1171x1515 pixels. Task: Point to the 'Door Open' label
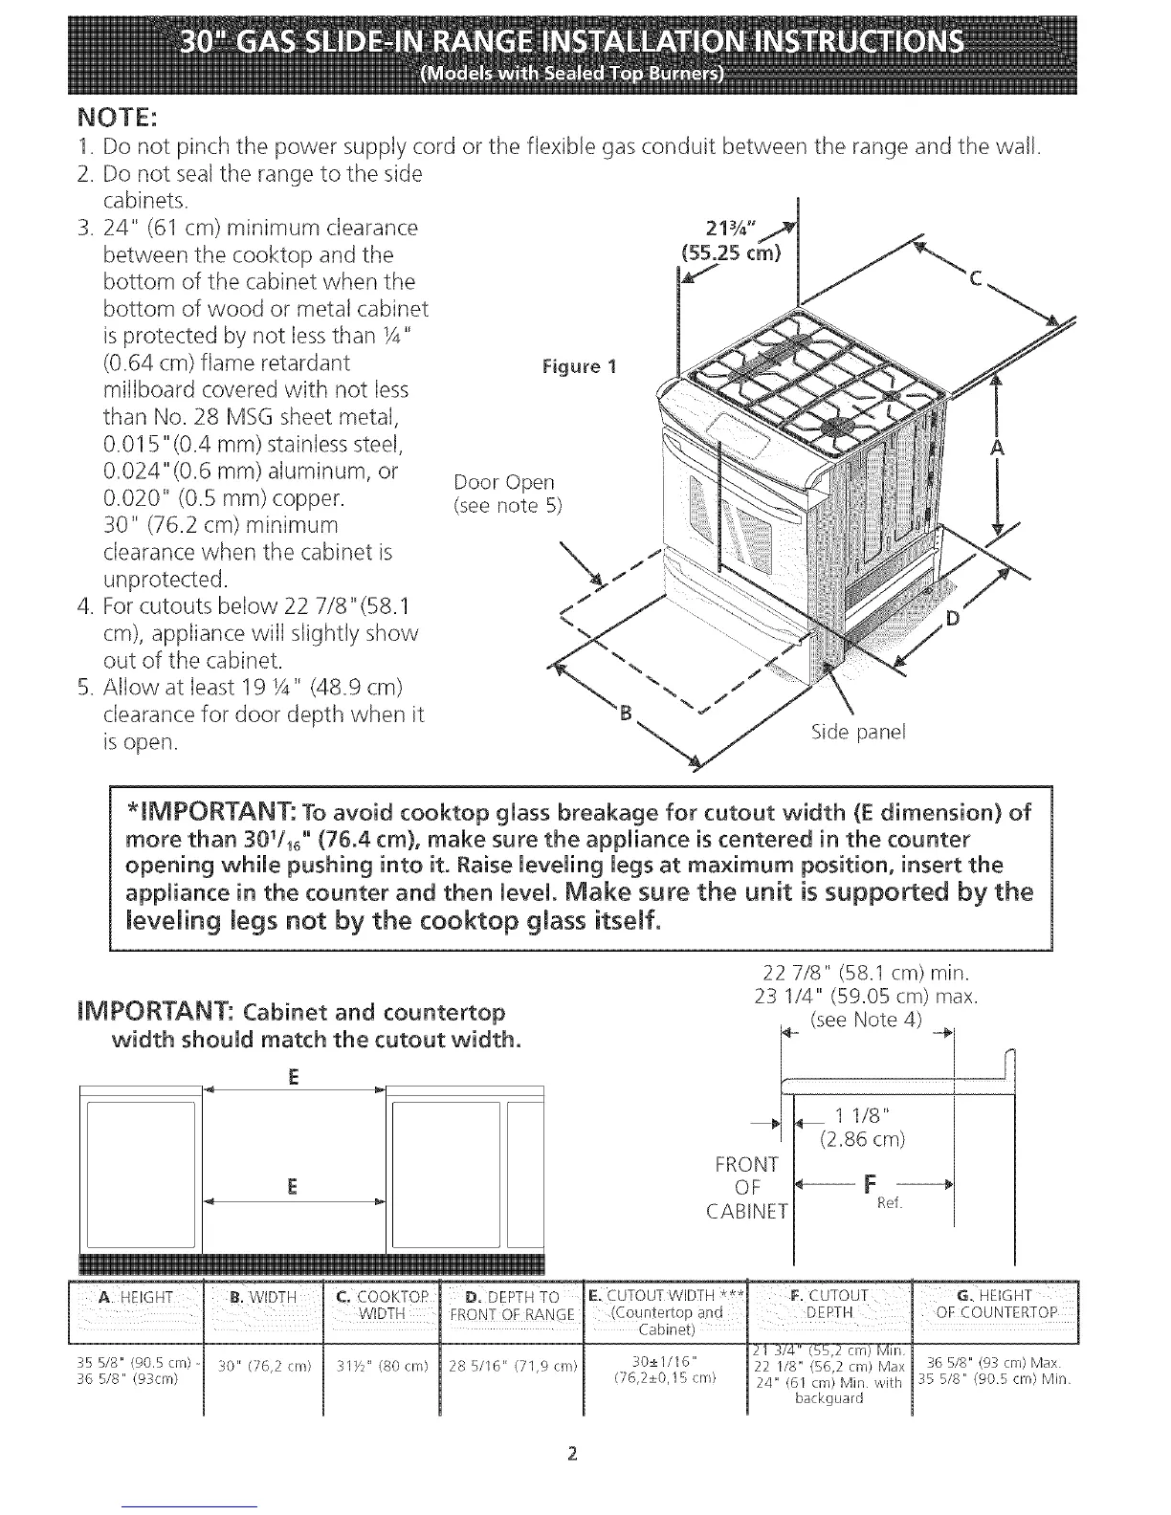pos(504,481)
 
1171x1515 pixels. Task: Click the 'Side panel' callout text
pos(857,733)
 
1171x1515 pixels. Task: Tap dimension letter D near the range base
pos(952,619)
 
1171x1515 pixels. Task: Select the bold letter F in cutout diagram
pos(870,1186)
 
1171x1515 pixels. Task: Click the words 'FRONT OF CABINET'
pos(746,1187)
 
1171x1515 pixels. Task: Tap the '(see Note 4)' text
pos(866,1020)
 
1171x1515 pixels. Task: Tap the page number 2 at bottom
pos(571,1456)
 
